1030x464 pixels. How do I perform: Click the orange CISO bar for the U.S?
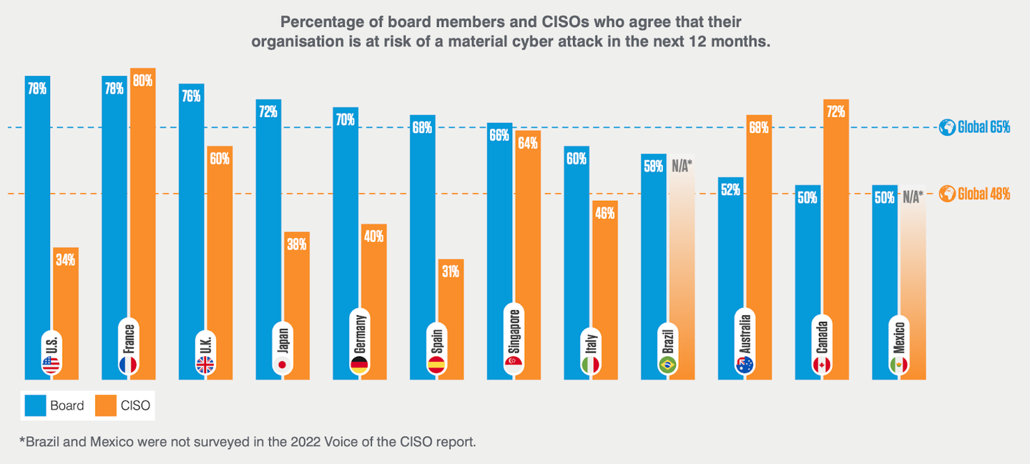pos(66,315)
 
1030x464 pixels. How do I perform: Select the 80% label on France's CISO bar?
pos(142,81)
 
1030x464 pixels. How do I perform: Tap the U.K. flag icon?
pos(205,365)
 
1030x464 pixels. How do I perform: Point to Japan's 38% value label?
pos(297,244)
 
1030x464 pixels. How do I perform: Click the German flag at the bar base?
pos(359,365)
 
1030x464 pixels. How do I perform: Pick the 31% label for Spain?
pos(451,271)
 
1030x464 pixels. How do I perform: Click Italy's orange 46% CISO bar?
pos(605,286)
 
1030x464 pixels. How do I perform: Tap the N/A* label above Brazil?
pos(682,166)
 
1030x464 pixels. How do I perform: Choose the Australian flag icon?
pos(745,365)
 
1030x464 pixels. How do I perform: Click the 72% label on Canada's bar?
pos(836,112)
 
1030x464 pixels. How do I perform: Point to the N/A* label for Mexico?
pos(913,197)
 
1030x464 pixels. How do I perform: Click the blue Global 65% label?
pos(984,127)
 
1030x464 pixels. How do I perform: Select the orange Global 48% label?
pos(984,194)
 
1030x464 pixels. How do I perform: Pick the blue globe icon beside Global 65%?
pos(948,127)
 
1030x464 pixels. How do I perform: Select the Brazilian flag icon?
pos(667,365)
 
